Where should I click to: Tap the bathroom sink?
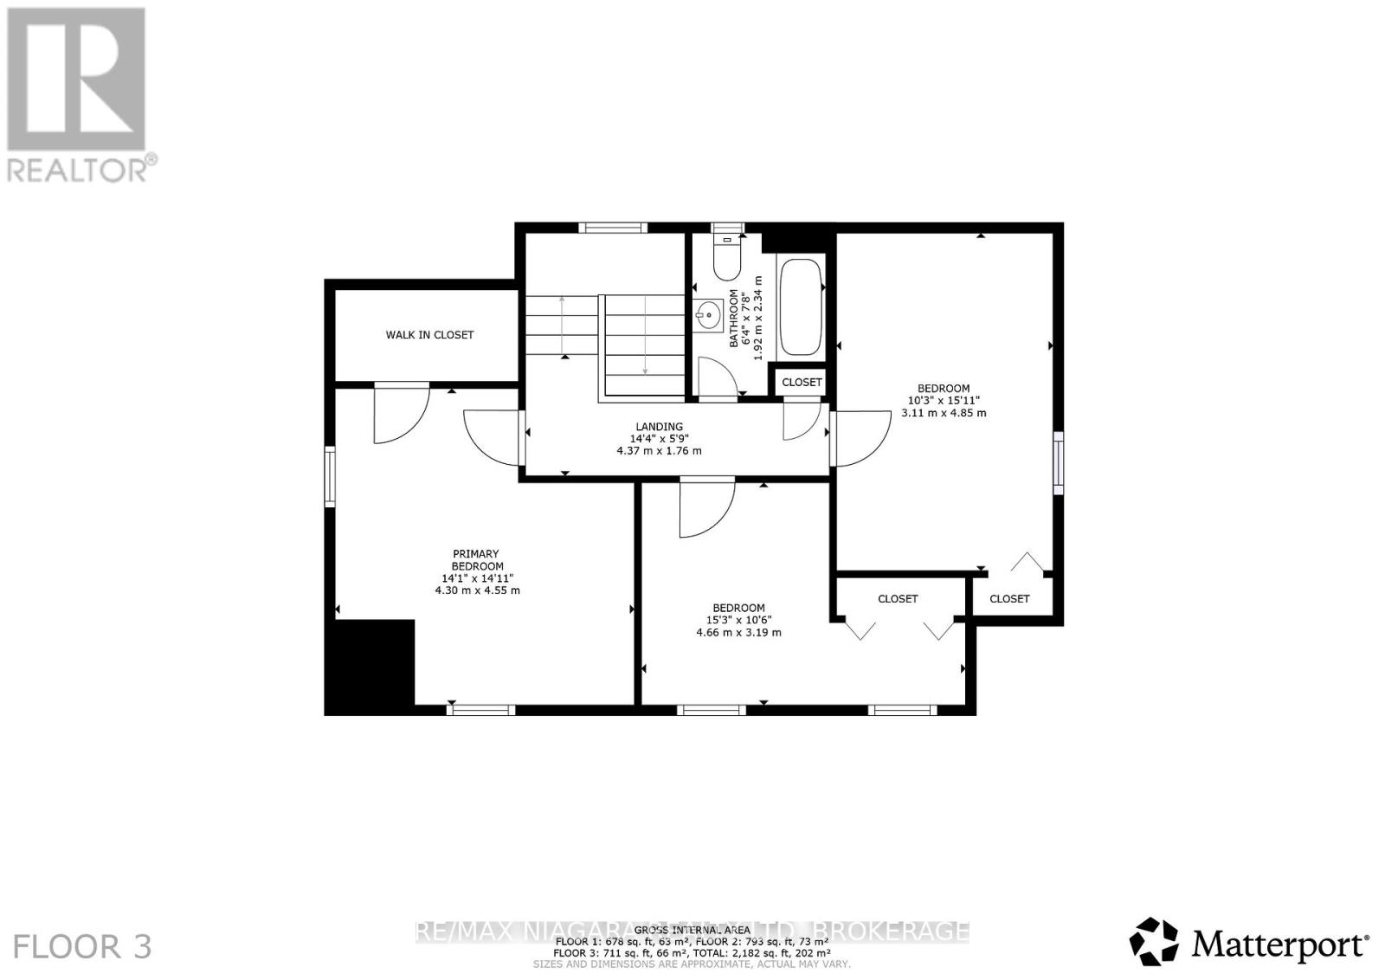[709, 314]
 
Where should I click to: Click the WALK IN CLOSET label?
[429, 335]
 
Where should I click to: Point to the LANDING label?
[659, 426]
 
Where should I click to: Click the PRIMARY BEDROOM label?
[476, 560]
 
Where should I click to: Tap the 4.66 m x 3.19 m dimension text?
[738, 633]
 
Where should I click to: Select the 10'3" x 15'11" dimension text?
[944, 401]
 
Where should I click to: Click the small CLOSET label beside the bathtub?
[802, 382]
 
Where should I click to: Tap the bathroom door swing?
[717, 377]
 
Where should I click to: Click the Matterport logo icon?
[1154, 941]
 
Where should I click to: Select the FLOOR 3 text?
[83, 946]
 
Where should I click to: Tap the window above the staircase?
[613, 228]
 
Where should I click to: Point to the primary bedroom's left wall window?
[330, 476]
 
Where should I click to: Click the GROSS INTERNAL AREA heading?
[692, 929]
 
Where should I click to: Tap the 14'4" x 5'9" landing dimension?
[659, 439]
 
